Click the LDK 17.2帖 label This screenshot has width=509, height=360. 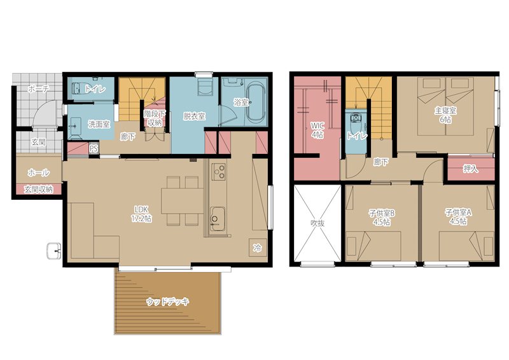pyautogui.click(x=141, y=214)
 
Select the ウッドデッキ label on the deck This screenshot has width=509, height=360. pyautogui.click(x=167, y=302)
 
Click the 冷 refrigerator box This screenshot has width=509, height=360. pyautogui.click(x=258, y=248)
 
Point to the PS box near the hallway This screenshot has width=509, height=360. pyautogui.click(x=94, y=149)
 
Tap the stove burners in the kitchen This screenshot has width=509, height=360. pyautogui.click(x=218, y=172)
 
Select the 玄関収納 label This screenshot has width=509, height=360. pyautogui.click(x=39, y=190)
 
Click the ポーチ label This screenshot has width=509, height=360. pyautogui.click(x=38, y=88)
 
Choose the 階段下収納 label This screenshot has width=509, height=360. pyautogui.click(x=155, y=118)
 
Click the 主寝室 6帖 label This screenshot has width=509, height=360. pyautogui.click(x=446, y=115)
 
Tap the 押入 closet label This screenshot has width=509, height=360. pyautogui.click(x=470, y=169)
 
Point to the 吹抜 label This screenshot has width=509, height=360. pyautogui.click(x=317, y=223)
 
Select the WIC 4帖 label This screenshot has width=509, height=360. pyautogui.click(x=317, y=130)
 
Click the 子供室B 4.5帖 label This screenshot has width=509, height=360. pyautogui.click(x=382, y=218)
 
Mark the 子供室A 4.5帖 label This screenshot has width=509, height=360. pyautogui.click(x=458, y=217)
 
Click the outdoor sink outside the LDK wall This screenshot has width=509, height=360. pyautogui.click(x=54, y=251)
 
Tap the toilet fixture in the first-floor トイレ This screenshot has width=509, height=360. pyautogui.click(x=76, y=88)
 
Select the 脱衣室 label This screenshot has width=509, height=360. pyautogui.click(x=194, y=116)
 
